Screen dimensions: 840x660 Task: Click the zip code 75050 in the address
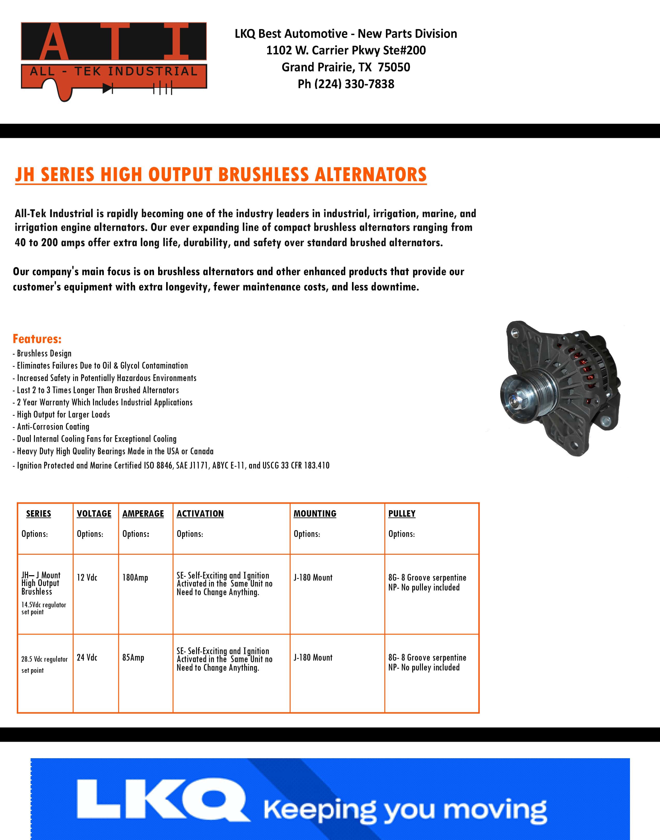[394, 67]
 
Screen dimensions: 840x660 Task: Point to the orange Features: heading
[37, 339]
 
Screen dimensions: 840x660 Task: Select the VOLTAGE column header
[94, 514]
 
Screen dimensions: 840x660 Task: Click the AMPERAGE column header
[143, 514]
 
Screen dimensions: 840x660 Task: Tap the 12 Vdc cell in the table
[87, 578]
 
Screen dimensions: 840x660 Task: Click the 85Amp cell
[133, 658]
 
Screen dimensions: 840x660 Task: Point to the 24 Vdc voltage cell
[87, 658]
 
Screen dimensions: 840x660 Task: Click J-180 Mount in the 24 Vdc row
[313, 658]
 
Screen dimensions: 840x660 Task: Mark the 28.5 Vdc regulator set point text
[44, 664]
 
